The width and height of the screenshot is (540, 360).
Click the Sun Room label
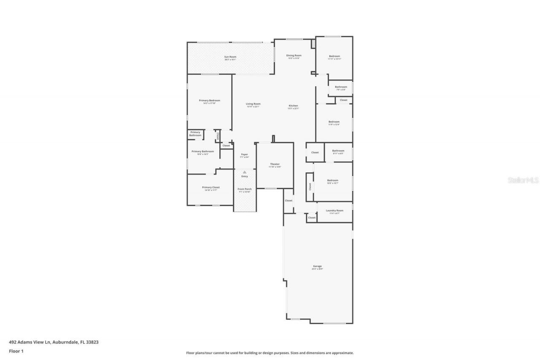pyautogui.click(x=230, y=57)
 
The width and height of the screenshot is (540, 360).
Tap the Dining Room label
pyautogui.click(x=294, y=55)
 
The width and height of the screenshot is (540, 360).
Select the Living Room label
pyautogui.click(x=253, y=104)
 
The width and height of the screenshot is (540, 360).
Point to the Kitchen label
pyautogui.click(x=293, y=106)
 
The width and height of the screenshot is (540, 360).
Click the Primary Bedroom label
pyautogui.click(x=209, y=100)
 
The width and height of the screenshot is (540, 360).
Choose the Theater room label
pyautogui.click(x=275, y=164)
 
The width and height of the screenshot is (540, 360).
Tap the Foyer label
pyautogui.click(x=244, y=154)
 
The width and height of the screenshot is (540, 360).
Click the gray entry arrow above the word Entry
pyautogui.click(x=244, y=172)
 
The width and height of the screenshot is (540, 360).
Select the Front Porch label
pyautogui.click(x=244, y=189)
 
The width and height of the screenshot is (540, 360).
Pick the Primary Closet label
pyautogui.click(x=211, y=187)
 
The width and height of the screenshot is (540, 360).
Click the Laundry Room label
pyautogui.click(x=335, y=210)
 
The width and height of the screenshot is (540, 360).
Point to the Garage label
pyautogui.click(x=317, y=266)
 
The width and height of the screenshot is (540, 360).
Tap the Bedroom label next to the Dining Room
pyautogui.click(x=334, y=56)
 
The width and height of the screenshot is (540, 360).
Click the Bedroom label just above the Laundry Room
pyautogui.click(x=332, y=180)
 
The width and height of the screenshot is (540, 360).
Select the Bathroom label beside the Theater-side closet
pyautogui.click(x=338, y=151)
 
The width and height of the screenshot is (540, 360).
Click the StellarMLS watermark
pyautogui.click(x=523, y=180)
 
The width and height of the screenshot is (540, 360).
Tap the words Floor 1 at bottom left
pyautogui.click(x=16, y=351)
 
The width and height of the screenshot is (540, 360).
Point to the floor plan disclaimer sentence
pyautogui.click(x=270, y=353)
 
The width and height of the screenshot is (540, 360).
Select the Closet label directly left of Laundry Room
pyautogui.click(x=312, y=217)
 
